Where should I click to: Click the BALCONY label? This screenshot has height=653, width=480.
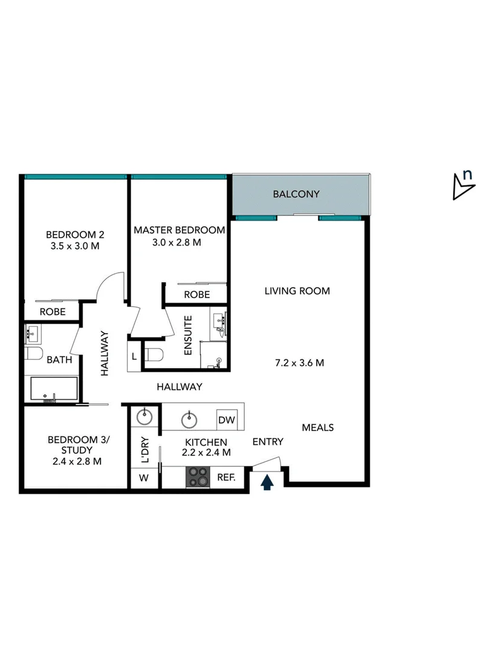pos(296,194)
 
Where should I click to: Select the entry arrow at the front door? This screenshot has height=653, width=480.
pos(267,482)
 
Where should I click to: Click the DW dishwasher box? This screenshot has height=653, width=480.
pos(227,420)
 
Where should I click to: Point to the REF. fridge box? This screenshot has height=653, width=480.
pos(226,477)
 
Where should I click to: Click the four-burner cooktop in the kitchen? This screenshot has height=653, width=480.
pos(197,477)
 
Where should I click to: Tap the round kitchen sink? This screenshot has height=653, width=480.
pos(190,417)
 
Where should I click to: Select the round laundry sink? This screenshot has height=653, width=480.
pos(144,417)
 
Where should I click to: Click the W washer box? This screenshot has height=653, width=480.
pos(144,478)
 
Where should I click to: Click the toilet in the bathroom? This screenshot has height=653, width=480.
pos(34,353)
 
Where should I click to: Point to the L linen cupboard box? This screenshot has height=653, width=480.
pos(134,357)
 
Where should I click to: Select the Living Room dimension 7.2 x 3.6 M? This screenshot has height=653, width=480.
pos(300,363)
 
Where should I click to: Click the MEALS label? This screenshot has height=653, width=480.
pos(318,427)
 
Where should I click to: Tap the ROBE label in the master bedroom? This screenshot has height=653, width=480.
pos(197,294)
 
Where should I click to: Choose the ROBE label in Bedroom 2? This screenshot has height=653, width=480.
pos(53,312)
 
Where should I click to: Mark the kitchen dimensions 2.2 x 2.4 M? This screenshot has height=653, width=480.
pos(206,452)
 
